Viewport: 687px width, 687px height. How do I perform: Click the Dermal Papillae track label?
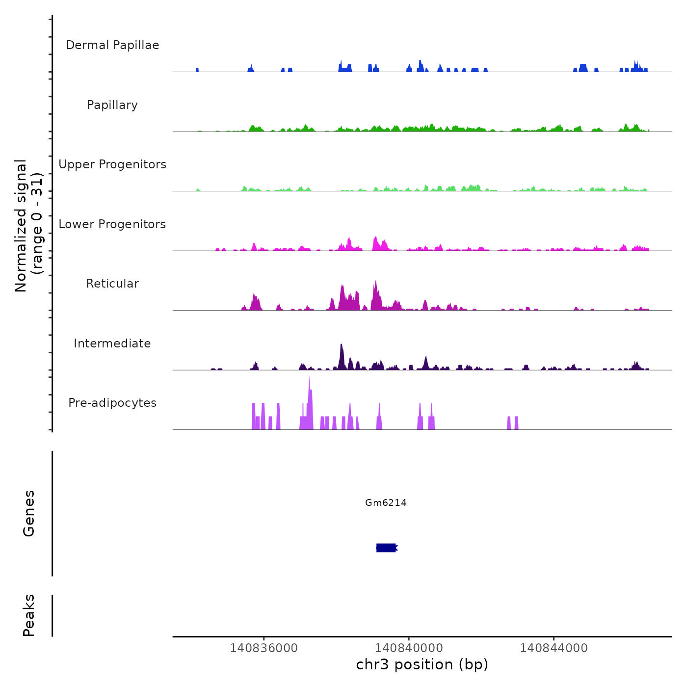click(x=112, y=45)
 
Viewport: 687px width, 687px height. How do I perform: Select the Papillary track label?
click(x=112, y=105)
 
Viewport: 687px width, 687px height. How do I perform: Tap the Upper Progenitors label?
click(x=112, y=164)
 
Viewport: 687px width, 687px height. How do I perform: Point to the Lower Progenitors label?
click(x=112, y=224)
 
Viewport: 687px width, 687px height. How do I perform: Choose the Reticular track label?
click(x=112, y=284)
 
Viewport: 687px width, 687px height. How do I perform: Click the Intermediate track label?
click(x=112, y=343)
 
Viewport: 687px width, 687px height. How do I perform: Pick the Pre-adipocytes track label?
click(x=112, y=403)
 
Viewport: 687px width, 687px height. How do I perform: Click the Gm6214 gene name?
click(x=386, y=502)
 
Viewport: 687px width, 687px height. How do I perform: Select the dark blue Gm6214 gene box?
click(x=386, y=548)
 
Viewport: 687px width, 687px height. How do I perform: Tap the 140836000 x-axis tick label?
click(x=264, y=648)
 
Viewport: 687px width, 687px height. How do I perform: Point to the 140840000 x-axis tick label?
click(x=409, y=648)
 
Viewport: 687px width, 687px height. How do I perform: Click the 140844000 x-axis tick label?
click(x=554, y=648)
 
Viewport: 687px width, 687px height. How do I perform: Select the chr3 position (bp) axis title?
click(x=422, y=664)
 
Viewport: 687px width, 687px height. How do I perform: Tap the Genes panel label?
click(x=29, y=513)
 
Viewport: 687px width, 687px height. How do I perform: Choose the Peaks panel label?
click(x=29, y=615)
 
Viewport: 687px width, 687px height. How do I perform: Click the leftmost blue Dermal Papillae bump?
click(x=197, y=70)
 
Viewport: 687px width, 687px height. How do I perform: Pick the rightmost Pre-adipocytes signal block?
click(x=516, y=423)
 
